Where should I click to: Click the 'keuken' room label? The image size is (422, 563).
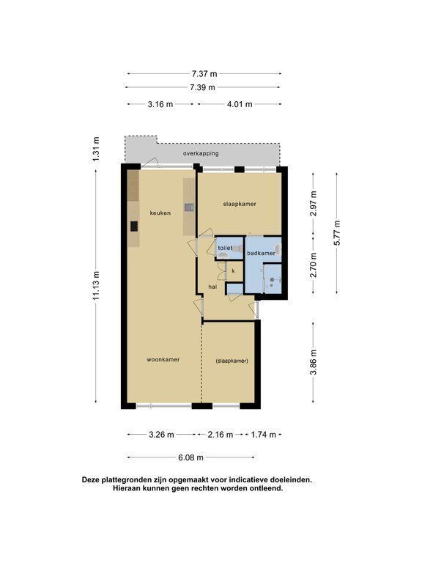click(x=160, y=213)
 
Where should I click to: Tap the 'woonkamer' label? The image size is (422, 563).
click(x=163, y=359)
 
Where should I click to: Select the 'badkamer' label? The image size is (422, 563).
click(x=262, y=253)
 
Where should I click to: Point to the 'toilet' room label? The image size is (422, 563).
click(x=226, y=248)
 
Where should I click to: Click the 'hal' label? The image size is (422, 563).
click(x=212, y=287)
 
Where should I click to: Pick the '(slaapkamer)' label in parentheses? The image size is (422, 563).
click(x=232, y=361)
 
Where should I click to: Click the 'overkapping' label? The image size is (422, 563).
click(x=201, y=153)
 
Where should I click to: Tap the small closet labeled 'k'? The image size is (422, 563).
click(x=234, y=271)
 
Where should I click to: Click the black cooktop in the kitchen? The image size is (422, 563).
click(x=134, y=227)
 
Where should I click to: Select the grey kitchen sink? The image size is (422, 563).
click(x=189, y=207)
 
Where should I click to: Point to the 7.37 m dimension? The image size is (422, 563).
click(x=204, y=74)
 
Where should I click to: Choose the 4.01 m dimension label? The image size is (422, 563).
click(x=240, y=104)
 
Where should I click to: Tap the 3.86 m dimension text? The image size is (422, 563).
click(x=314, y=362)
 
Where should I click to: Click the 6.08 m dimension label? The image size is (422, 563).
click(x=191, y=457)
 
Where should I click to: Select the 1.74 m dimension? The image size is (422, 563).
click(x=264, y=435)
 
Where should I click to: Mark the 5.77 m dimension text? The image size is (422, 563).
click(x=336, y=232)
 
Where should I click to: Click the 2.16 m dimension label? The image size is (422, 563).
click(x=221, y=435)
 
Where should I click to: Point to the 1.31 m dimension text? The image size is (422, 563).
click(x=96, y=149)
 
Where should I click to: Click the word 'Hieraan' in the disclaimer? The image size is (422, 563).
click(x=127, y=488)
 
